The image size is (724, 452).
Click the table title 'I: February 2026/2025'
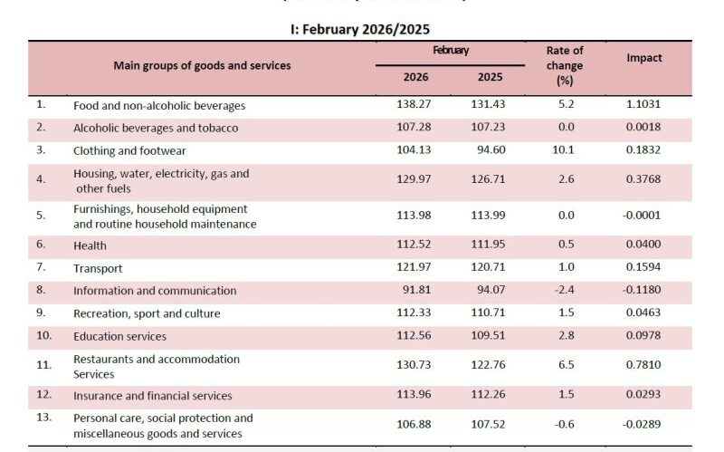coord(362,30)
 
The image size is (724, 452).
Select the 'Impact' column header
coord(644,58)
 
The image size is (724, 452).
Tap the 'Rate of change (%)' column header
coord(565,66)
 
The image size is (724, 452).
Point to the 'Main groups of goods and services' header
coord(202,65)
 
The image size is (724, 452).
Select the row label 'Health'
coord(90,245)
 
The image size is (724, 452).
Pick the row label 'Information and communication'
coord(155,291)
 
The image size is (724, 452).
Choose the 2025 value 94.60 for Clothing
coord(491,150)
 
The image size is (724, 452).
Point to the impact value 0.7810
coord(644,366)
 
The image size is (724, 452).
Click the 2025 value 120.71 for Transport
coord(489,268)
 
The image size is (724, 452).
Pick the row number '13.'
coord(42,418)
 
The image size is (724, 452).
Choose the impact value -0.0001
coord(643,216)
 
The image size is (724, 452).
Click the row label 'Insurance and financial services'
coord(153,396)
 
